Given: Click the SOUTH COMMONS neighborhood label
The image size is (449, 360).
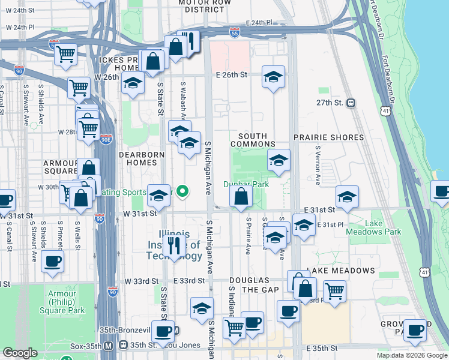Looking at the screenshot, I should (x=253, y=140).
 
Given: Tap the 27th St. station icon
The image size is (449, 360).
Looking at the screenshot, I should (x=351, y=103).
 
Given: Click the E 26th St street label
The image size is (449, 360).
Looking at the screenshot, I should (x=232, y=75).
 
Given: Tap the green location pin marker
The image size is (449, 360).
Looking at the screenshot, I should (x=184, y=192).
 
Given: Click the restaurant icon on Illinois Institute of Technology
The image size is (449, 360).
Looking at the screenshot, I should (x=174, y=245).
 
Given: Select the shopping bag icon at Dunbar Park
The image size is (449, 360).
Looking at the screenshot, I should (x=241, y=196).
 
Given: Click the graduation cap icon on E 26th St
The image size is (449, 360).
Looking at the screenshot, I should (x=273, y=77).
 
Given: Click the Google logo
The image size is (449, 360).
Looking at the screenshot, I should (x=20, y=353).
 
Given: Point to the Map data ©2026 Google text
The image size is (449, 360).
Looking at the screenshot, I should (x=411, y=355).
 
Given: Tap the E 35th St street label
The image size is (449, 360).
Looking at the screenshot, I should (x=322, y=348).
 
